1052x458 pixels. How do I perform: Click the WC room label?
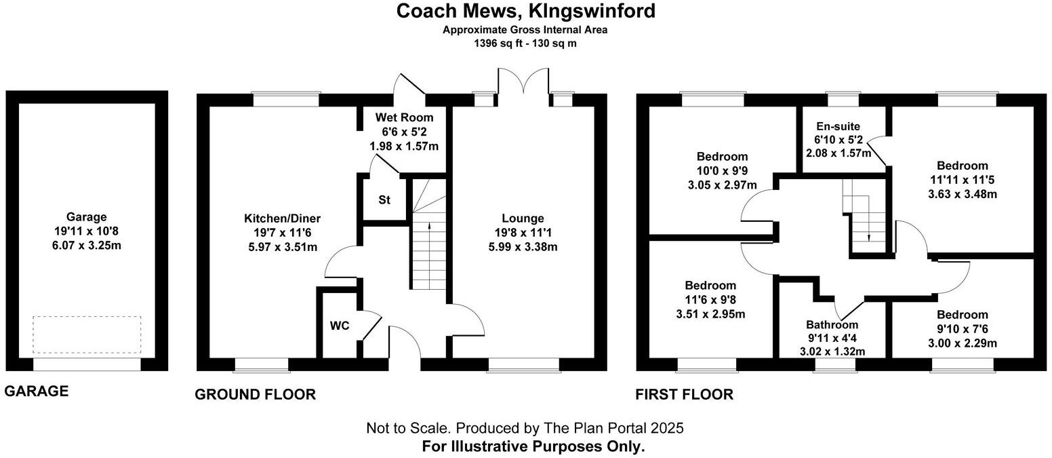coord(340,326)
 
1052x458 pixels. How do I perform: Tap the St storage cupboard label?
coord(385,199)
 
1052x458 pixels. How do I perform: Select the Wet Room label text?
coord(404,117)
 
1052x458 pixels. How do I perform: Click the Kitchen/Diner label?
coord(282,218)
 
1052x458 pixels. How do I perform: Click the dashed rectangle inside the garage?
coord(87,334)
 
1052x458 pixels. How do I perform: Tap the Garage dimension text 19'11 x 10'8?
coord(87,231)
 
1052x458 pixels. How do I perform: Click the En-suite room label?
coord(838,126)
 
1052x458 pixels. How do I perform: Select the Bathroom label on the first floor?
coord(832,324)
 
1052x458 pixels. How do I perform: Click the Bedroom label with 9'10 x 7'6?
coord(962,315)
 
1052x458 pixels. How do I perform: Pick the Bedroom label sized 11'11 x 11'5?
coord(962,166)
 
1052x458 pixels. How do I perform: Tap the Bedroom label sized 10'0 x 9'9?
coord(723,157)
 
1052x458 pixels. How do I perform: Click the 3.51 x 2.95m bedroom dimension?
coord(710,313)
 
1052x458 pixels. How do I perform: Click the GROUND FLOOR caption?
coord(255,394)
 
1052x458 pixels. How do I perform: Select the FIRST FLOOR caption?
coord(684,394)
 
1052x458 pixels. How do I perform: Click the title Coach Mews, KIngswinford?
coord(525,12)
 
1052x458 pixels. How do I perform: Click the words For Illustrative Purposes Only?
coord(533,446)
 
